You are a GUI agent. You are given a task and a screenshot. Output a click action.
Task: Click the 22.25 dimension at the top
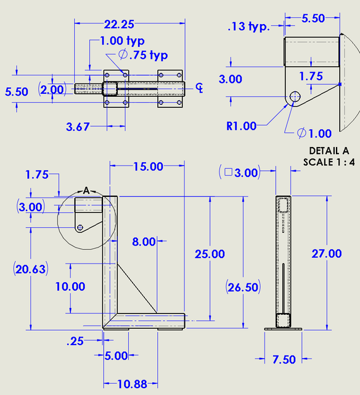coord(120,24)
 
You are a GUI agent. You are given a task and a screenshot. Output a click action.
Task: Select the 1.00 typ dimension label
coord(122,41)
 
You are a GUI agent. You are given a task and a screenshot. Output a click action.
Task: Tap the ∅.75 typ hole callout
coord(142,55)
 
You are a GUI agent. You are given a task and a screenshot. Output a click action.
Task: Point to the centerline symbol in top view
coord(198,87)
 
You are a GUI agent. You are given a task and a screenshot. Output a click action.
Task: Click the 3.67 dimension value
coord(78,127)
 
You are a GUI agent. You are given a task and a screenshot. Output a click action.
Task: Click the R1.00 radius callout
coord(241,126)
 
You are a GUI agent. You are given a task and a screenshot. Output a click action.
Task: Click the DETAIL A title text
coord(329,151)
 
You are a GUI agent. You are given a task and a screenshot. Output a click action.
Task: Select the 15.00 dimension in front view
coord(148,167)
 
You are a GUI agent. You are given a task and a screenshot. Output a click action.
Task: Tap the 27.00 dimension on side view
coord(327,253)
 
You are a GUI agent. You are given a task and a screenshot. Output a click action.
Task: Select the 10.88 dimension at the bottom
coord(131,384)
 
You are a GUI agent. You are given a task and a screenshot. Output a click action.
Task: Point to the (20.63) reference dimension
coord(30,268)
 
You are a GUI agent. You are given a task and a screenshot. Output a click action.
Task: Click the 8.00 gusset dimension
coord(144,241)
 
